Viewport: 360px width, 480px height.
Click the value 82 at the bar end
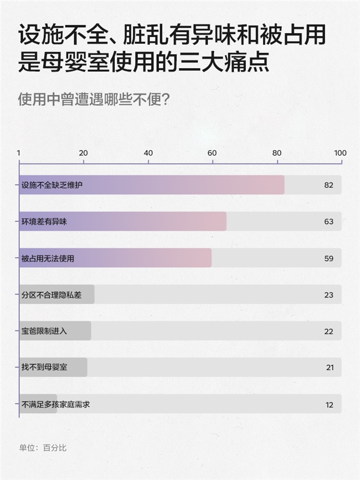click(x=328, y=185)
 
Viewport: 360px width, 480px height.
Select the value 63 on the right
click(x=328, y=222)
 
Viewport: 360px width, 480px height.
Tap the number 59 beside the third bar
click(x=328, y=258)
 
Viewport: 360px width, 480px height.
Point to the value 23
click(x=328, y=295)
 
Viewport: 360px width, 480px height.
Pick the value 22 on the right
click(x=328, y=331)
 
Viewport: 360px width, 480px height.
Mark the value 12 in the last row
click(x=329, y=405)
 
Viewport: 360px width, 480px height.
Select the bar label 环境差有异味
click(x=44, y=222)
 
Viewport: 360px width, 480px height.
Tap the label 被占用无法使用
click(x=48, y=258)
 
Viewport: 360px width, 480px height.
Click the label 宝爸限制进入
click(x=44, y=331)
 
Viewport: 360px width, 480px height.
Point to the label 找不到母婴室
click(x=44, y=368)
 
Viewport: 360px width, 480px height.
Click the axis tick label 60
click(x=212, y=154)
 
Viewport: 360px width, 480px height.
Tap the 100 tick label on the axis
click(x=340, y=154)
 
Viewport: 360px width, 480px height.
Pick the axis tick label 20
click(x=84, y=154)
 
